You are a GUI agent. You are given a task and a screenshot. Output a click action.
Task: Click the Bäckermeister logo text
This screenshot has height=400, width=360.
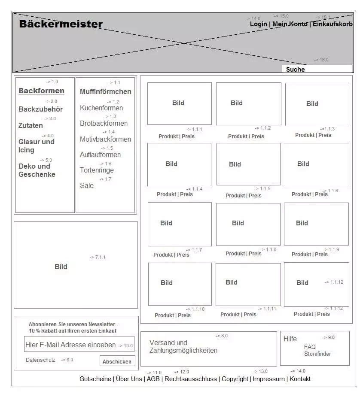point(61,24)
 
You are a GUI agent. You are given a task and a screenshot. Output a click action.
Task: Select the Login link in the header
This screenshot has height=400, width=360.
point(258,24)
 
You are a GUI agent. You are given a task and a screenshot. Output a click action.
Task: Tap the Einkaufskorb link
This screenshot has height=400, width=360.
point(332,24)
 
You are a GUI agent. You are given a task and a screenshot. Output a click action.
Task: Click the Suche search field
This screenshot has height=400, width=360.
point(317,69)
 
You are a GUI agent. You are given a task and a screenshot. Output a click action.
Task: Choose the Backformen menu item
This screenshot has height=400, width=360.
point(41,91)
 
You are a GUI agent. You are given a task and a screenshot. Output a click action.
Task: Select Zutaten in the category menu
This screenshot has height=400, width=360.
point(31,125)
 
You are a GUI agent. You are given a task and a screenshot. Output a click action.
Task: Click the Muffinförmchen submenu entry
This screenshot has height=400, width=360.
point(105,91)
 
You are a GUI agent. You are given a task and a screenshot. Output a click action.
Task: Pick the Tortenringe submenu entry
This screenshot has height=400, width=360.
point(97,170)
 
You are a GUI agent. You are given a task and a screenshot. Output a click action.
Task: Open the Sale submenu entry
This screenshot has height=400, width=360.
point(86,185)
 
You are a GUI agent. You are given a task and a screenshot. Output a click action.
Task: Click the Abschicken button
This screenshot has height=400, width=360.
point(117,361)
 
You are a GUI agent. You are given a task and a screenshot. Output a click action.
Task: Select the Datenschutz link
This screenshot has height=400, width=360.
point(40,360)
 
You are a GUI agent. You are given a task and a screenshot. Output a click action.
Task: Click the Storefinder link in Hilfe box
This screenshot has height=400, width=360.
point(317,354)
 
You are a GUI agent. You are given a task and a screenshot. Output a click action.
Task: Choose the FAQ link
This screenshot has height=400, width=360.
point(309,347)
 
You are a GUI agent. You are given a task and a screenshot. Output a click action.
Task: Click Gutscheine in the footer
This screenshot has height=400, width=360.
point(95,379)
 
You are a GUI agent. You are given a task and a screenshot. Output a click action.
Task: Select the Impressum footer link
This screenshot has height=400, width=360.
point(268,379)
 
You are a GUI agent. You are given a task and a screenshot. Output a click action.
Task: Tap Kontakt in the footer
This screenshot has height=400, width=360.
point(300,379)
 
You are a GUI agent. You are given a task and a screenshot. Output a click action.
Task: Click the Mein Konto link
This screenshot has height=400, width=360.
point(290,24)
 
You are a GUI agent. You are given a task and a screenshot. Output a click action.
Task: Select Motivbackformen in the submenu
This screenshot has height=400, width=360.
point(105,139)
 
